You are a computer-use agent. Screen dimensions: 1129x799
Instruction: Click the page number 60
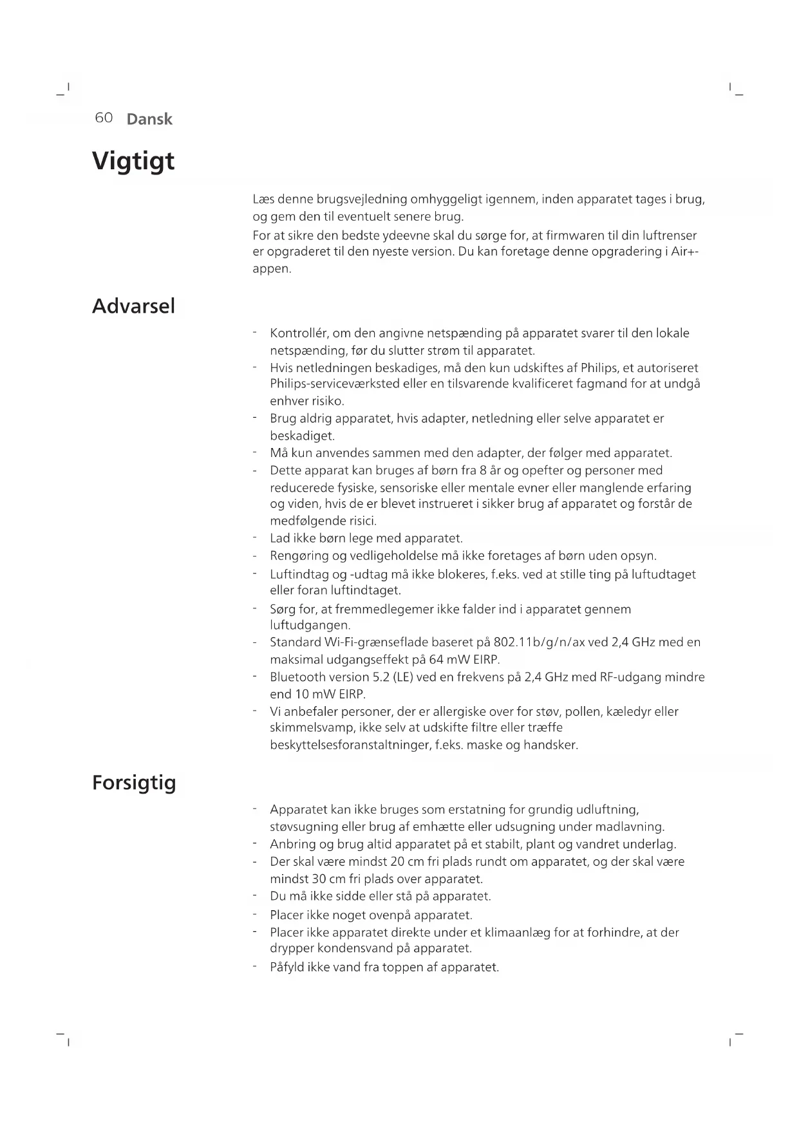104,118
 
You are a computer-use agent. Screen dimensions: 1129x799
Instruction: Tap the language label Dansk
149,119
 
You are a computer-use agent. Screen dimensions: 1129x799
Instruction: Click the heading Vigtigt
133,161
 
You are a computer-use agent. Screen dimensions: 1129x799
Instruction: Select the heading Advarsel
133,306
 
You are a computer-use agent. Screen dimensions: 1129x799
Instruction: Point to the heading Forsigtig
134,783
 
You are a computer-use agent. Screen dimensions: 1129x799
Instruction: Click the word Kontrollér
299,333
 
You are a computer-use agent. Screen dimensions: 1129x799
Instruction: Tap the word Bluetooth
297,677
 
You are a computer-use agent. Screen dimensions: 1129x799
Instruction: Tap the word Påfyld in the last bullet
287,967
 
